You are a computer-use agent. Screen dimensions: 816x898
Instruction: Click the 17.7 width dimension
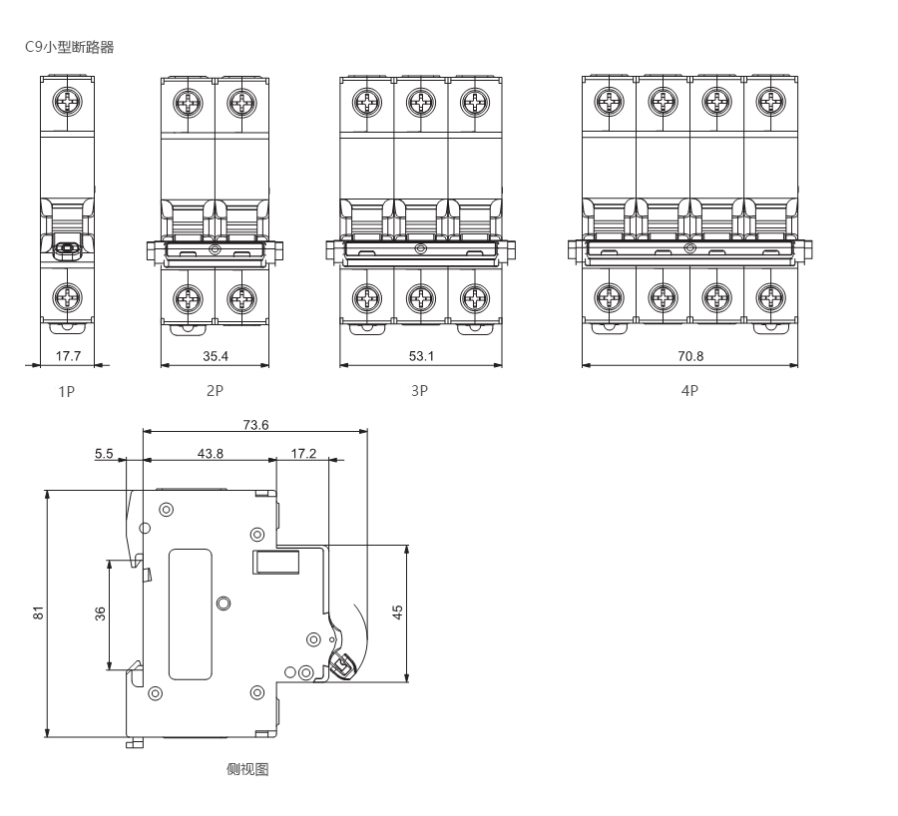(x=68, y=355)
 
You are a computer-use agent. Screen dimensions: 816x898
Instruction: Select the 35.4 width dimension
(x=215, y=355)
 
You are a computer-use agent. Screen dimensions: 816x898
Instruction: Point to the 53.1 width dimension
(x=420, y=355)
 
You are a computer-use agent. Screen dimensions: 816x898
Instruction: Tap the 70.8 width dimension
(x=689, y=355)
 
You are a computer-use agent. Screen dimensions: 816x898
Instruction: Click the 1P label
(x=66, y=391)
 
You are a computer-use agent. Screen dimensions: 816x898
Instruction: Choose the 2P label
(x=215, y=391)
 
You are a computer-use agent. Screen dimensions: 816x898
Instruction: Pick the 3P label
(x=420, y=391)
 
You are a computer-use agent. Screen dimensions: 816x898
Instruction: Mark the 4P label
(x=689, y=391)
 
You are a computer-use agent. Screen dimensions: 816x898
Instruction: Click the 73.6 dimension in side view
(x=256, y=424)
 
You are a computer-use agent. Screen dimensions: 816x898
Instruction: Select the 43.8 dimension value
(x=210, y=453)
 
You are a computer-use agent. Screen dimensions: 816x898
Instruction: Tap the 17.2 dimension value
(x=303, y=453)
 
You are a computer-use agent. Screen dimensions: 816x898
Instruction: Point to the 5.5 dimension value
(x=104, y=453)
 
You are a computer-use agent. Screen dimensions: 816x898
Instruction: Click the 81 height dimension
(x=39, y=613)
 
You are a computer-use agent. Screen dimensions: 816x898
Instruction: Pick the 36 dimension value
(x=100, y=615)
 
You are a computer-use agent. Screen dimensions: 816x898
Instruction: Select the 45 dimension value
(x=397, y=613)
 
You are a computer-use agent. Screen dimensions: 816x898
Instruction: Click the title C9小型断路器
(x=75, y=48)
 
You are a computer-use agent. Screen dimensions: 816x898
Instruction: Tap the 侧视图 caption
(x=247, y=769)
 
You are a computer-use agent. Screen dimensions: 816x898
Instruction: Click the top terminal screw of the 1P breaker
(x=68, y=102)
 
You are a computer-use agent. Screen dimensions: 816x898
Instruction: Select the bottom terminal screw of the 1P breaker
(x=68, y=297)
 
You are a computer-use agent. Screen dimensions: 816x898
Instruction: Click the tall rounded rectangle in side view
(x=191, y=613)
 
